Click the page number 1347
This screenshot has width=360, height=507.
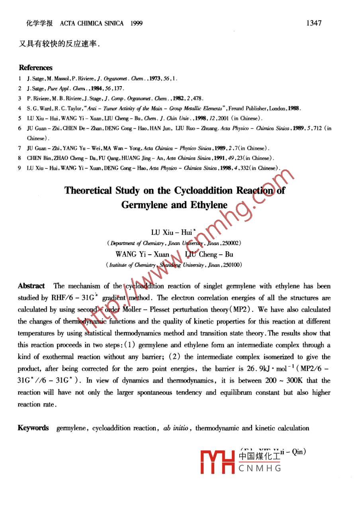coord(313,23)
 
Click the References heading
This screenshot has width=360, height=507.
coord(35,68)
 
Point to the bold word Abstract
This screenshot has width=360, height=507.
coord(31,286)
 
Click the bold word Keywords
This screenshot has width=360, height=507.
coord(33,428)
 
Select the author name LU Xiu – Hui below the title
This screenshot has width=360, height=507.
coord(170,232)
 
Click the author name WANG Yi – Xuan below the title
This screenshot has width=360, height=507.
coord(142,254)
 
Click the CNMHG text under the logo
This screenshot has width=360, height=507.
coord(260,468)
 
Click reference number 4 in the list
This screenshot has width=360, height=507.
coord(20,108)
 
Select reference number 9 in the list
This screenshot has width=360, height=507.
coord(20,168)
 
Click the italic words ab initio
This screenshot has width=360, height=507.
coord(176,428)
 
